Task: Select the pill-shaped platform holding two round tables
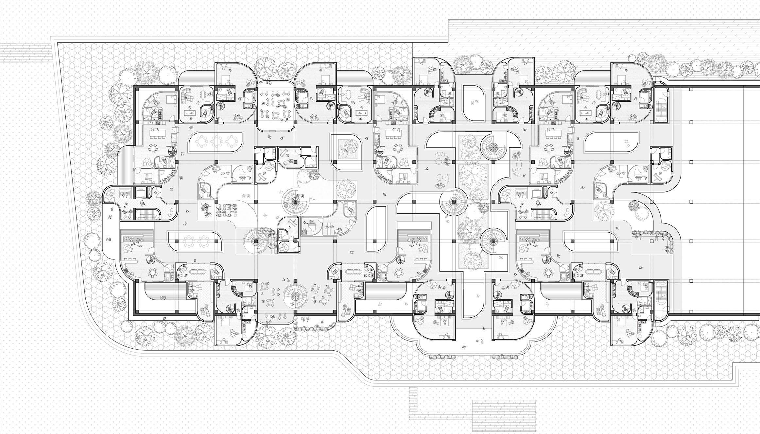[x=195, y=241]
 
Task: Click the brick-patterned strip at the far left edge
[x=26, y=52]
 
